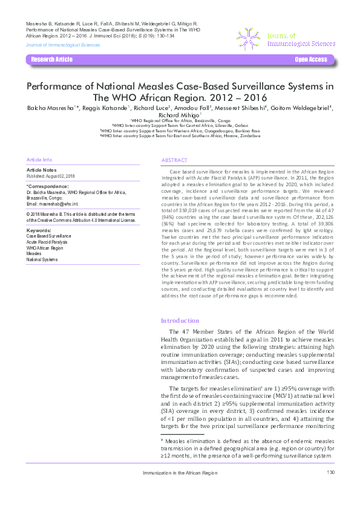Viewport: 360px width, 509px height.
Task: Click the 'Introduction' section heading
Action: point(179,320)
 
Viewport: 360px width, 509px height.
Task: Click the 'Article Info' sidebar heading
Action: point(39,159)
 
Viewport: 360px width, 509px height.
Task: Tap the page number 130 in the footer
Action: point(330,472)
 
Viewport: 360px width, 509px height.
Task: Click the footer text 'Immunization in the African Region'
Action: point(179,472)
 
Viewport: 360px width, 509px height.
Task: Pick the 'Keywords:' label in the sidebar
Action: point(39,230)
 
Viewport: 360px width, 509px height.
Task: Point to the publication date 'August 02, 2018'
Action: point(61,176)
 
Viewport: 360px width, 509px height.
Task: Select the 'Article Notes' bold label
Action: point(42,170)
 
